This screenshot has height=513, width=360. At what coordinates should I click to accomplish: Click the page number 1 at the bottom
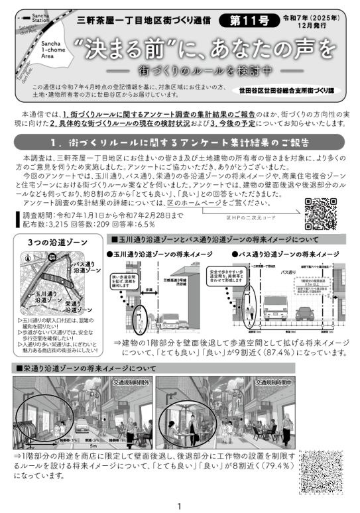[x=179, y=505]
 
